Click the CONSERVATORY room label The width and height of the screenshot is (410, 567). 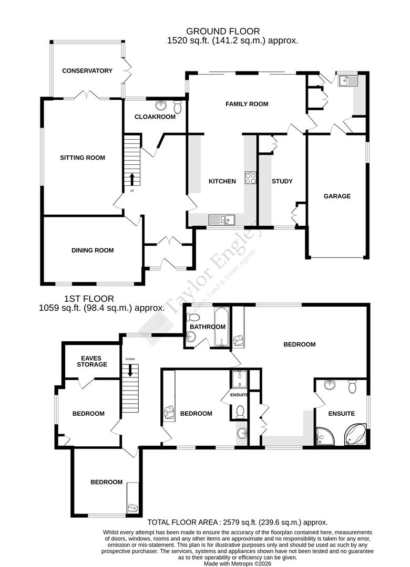click(x=87, y=71)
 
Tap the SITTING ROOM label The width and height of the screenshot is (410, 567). click(x=82, y=157)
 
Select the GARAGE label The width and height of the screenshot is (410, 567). click(x=337, y=196)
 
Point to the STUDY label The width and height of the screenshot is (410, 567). click(x=282, y=181)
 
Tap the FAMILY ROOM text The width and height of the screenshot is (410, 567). click(x=247, y=104)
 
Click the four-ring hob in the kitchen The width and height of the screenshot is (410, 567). click(x=250, y=178)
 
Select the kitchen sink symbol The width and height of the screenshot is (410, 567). click(x=220, y=219)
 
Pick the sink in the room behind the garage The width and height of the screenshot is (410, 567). click(x=347, y=80)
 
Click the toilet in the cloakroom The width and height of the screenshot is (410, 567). click(x=178, y=107)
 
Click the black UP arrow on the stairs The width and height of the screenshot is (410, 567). click(x=132, y=179)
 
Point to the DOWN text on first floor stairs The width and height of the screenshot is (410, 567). click(x=130, y=359)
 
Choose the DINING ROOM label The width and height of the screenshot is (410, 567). click(x=93, y=250)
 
